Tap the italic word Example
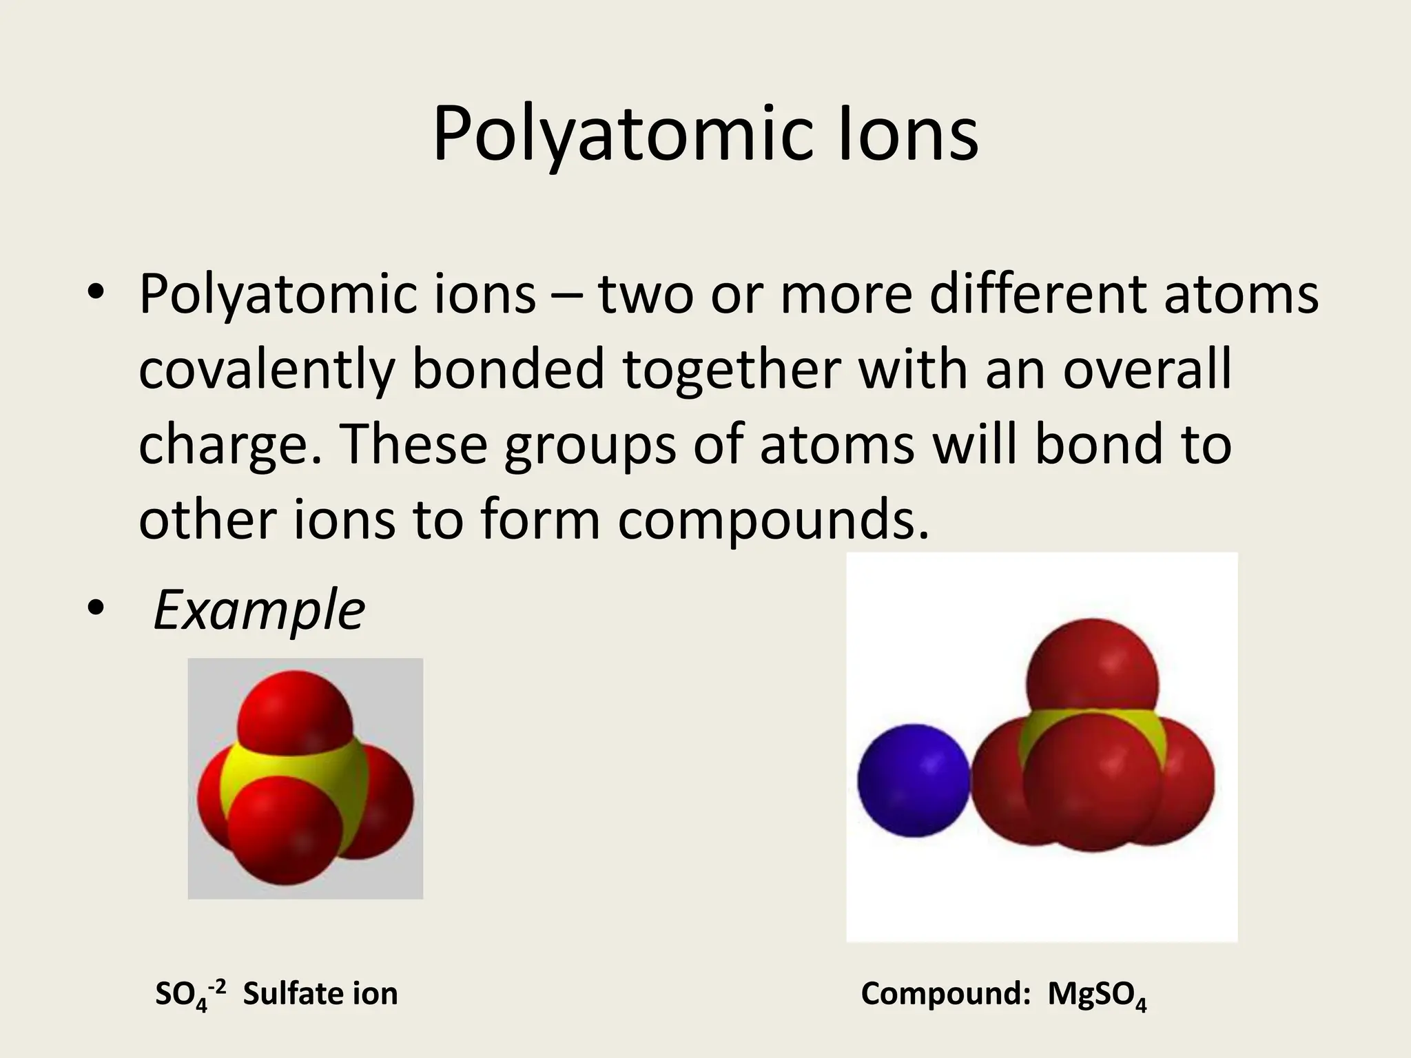(x=259, y=610)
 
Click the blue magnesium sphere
(x=914, y=780)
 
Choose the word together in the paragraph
(x=731, y=370)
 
